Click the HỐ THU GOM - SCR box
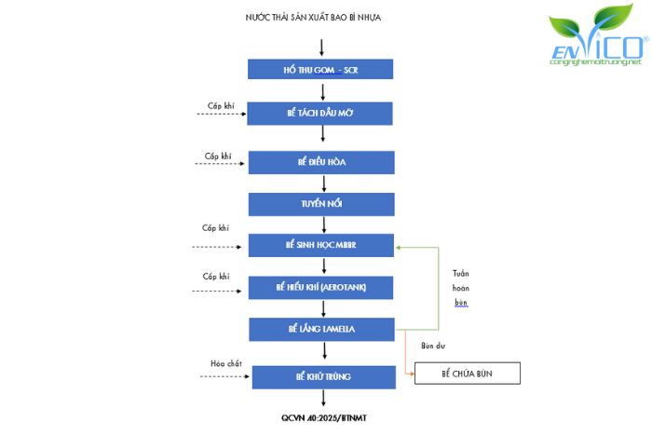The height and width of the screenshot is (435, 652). (321, 70)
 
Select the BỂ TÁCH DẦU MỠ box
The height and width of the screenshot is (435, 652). (321, 114)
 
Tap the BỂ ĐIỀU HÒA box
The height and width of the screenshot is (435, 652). (321, 161)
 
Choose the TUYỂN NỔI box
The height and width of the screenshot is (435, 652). (321, 204)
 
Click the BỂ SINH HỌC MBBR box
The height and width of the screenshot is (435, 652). (321, 246)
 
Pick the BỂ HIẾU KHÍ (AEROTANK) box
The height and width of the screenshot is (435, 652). (321, 287)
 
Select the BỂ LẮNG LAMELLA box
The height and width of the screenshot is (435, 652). (321, 330)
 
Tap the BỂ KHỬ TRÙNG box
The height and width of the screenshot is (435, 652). (321, 376)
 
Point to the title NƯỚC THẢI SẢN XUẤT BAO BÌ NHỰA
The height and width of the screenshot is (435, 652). (313, 17)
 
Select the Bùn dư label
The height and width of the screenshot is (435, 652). (433, 346)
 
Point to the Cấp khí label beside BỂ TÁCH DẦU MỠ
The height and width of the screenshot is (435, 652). (223, 106)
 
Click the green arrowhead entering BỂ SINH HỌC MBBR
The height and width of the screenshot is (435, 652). (399, 248)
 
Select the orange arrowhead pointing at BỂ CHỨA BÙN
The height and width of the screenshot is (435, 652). (411, 374)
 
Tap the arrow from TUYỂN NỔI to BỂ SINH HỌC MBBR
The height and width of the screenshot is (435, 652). (323, 224)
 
